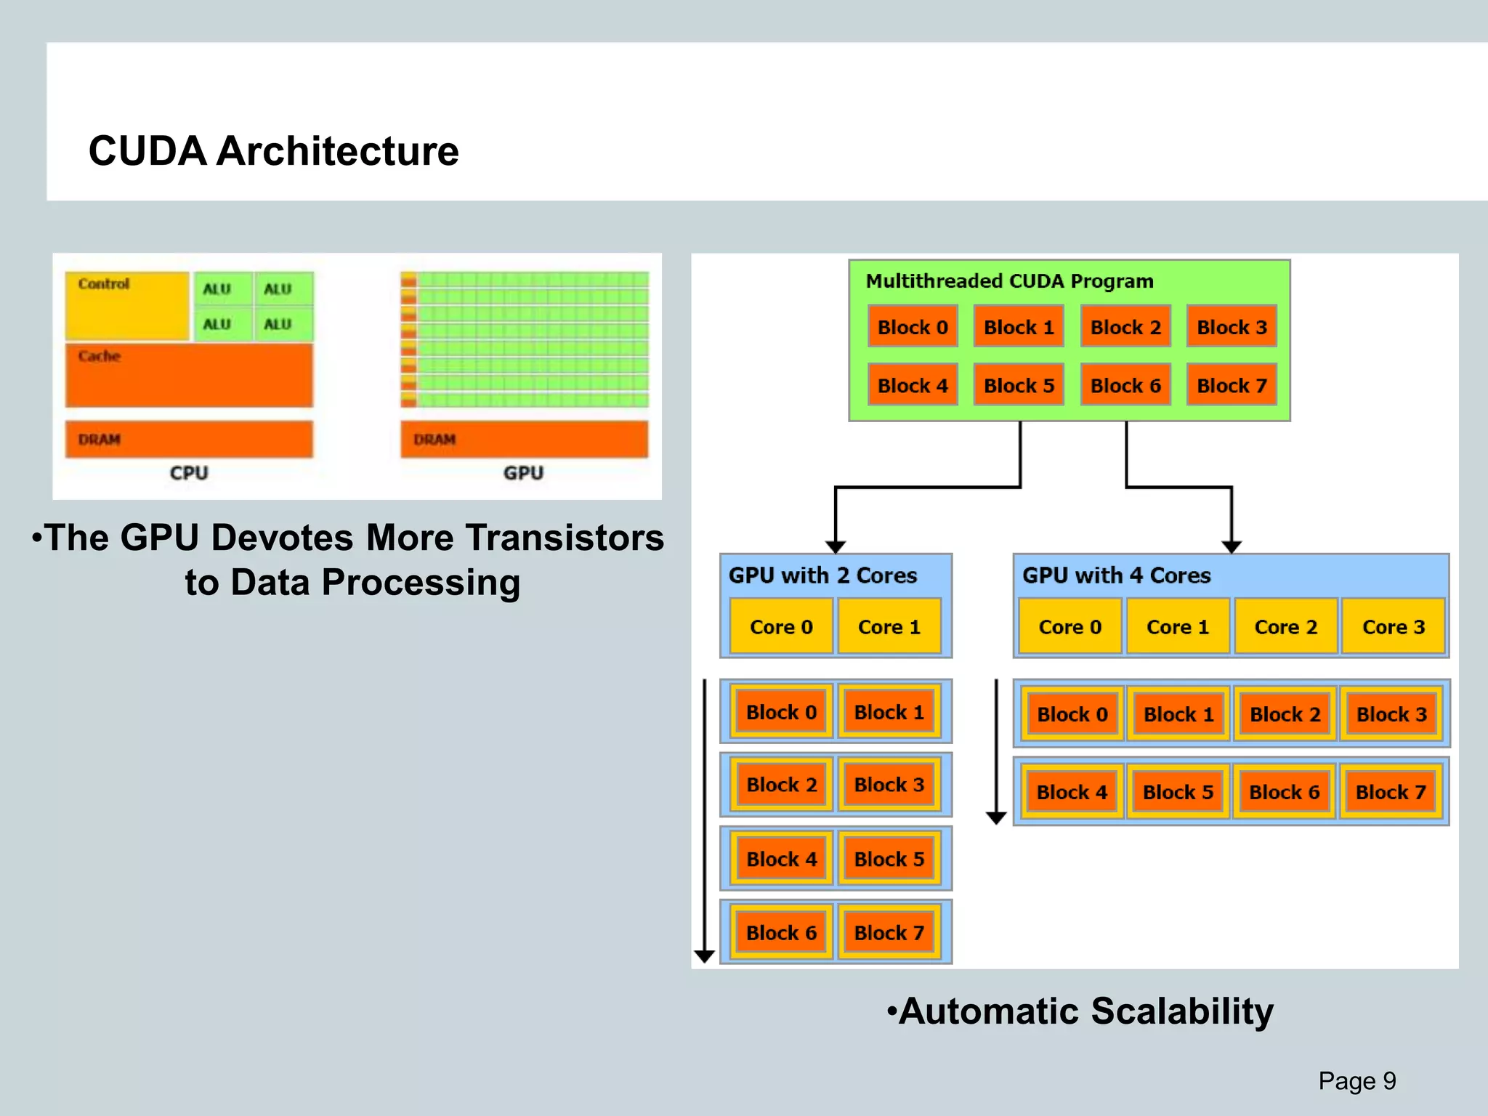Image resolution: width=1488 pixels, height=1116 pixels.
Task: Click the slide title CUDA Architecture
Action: click(x=273, y=151)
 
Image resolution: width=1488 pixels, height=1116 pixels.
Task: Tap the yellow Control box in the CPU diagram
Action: click(x=127, y=306)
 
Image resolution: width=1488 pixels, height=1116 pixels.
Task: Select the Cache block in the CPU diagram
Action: click(x=189, y=375)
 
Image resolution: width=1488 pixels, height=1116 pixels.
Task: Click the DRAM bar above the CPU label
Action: click(x=189, y=439)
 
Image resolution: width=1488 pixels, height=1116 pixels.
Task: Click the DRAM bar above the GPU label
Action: click(x=524, y=439)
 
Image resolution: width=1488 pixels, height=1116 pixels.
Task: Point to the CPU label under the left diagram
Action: click(x=189, y=473)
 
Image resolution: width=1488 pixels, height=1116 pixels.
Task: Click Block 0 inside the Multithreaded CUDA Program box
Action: click(x=913, y=327)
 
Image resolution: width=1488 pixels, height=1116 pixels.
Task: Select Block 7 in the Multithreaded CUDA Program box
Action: click(x=1232, y=385)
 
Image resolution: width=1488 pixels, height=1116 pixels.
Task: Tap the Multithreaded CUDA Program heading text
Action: click(x=1009, y=281)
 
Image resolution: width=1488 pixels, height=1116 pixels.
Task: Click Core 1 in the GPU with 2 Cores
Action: click(x=889, y=626)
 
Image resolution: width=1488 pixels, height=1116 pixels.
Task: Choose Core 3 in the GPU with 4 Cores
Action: click(x=1393, y=626)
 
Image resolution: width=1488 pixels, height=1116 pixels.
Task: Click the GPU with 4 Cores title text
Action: click(x=1116, y=575)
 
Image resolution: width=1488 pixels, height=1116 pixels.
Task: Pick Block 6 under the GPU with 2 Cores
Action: click(x=781, y=932)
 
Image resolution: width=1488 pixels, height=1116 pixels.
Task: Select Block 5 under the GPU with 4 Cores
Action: click(x=1178, y=791)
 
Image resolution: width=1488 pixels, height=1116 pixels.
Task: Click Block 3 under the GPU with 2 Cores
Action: click(x=889, y=785)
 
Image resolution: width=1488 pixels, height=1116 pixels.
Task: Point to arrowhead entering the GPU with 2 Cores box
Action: click(x=836, y=546)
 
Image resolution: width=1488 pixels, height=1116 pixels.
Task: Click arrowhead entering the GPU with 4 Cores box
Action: click(x=1232, y=546)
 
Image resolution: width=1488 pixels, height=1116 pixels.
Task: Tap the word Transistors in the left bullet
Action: click(x=565, y=538)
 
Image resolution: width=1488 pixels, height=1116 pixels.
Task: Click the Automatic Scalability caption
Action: click(x=1080, y=1011)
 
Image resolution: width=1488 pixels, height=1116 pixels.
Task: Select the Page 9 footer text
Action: click(x=1356, y=1080)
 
